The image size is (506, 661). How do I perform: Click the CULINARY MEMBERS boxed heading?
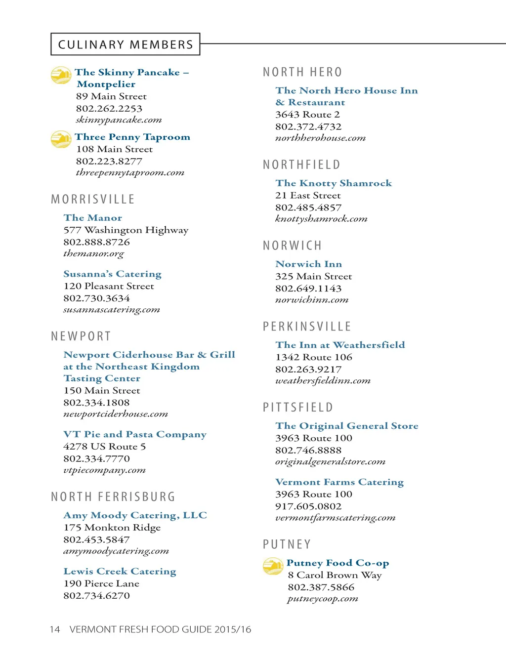point(126,44)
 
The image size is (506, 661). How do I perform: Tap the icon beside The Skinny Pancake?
point(61,75)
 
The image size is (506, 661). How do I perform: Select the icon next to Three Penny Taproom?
point(61,139)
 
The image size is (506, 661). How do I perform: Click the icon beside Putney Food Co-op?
point(273,566)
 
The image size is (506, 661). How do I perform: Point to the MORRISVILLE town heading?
point(93,200)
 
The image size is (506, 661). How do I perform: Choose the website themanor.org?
point(93,254)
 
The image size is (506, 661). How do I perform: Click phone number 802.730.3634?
point(96,298)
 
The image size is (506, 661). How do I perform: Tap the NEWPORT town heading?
point(81,336)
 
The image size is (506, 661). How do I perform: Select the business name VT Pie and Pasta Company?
point(134,435)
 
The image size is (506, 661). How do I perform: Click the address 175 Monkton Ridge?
point(112,528)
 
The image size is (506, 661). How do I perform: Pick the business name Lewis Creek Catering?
point(120,572)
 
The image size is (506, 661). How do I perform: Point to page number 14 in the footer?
point(54,629)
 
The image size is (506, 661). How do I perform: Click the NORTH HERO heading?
point(302,73)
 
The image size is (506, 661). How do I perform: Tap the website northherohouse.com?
point(320,138)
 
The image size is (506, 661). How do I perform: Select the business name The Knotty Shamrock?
point(334,183)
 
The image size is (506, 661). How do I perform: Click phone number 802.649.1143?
point(308,289)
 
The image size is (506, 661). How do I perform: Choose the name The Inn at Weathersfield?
point(340,345)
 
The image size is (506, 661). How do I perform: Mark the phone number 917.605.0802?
point(308,506)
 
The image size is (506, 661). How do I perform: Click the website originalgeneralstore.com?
point(330,462)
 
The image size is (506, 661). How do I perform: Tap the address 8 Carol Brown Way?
point(335,575)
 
